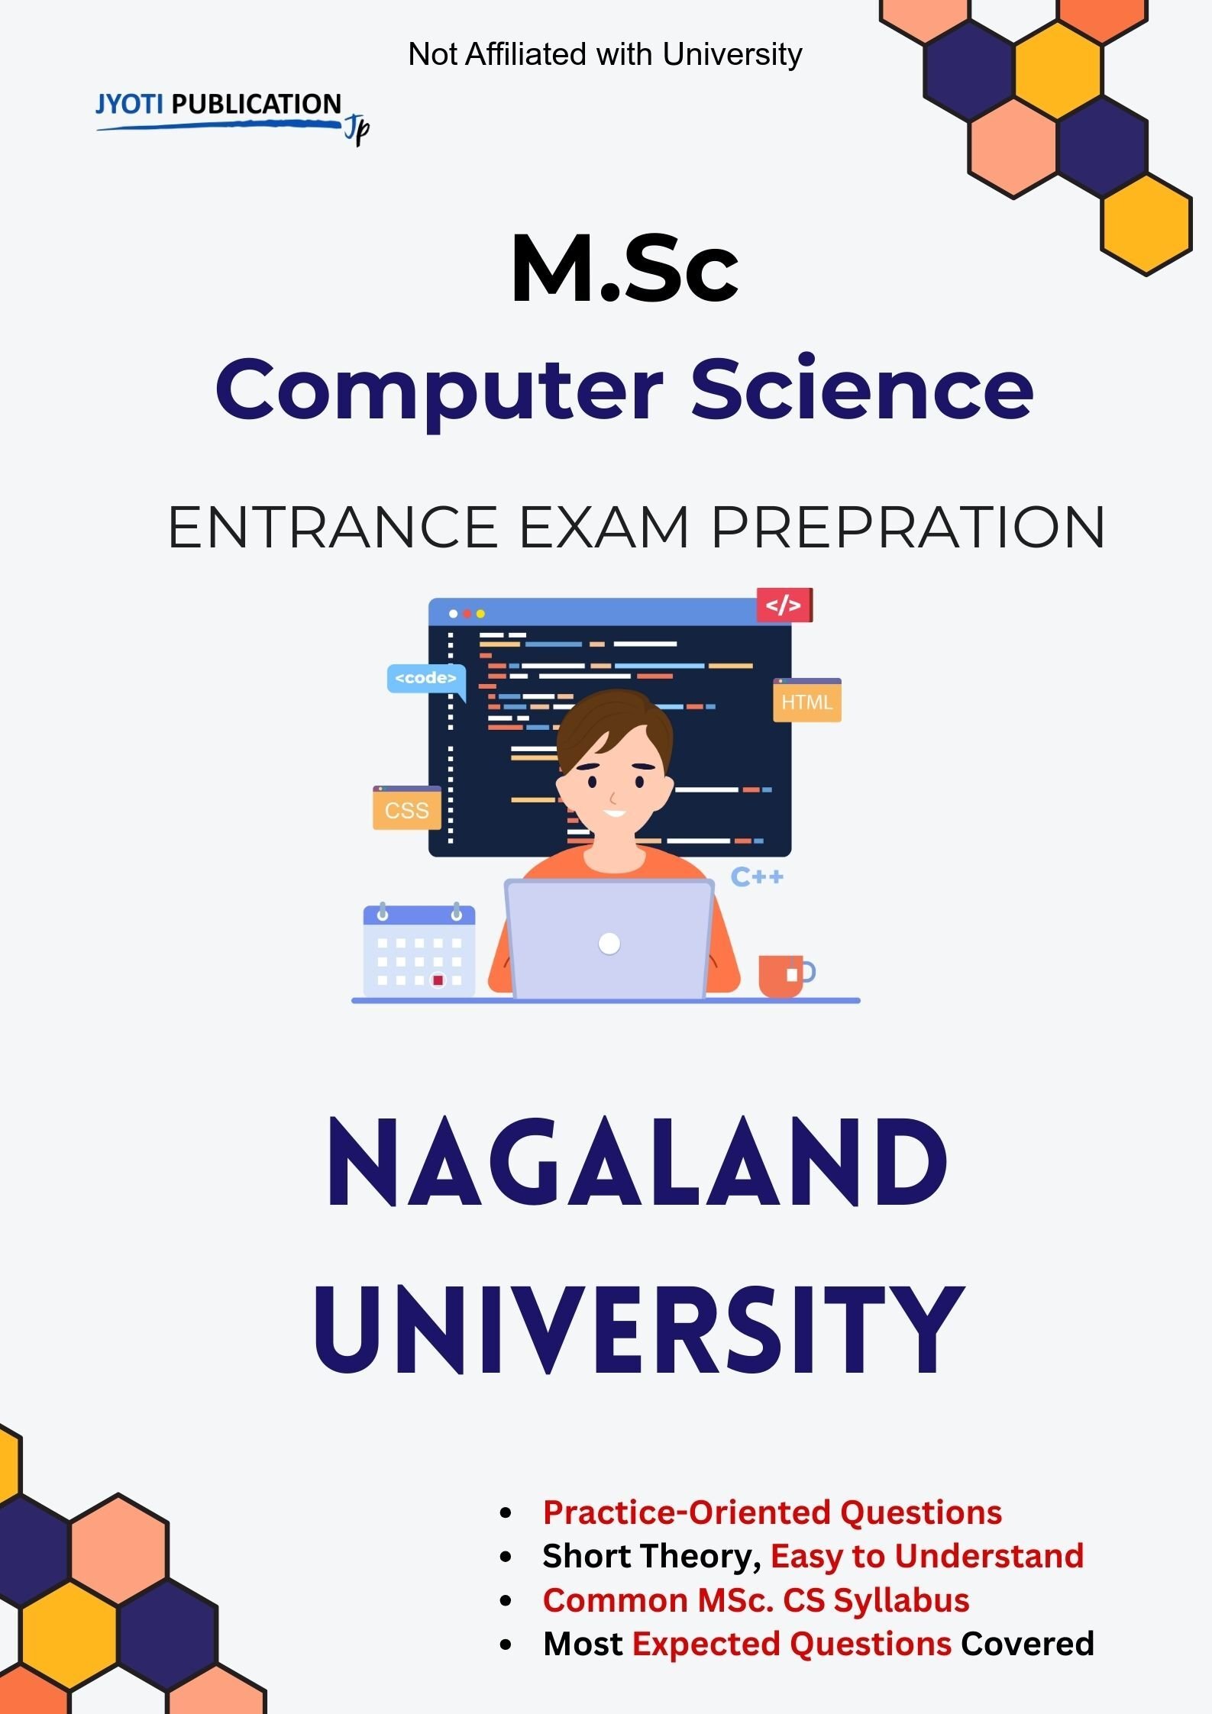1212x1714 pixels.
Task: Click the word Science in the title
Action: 862,389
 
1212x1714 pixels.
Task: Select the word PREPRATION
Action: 908,528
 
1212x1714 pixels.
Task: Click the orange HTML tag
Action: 806,702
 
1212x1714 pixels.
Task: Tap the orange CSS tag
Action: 406,809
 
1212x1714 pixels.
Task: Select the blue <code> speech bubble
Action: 425,679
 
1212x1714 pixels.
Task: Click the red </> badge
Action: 784,605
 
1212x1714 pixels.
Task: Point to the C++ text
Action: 757,877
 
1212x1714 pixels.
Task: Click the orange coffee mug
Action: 782,975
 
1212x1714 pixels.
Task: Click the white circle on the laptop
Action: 609,944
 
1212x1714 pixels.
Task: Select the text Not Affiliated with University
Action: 605,54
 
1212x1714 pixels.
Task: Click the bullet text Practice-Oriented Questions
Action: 772,1512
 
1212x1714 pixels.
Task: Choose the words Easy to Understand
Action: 926,1556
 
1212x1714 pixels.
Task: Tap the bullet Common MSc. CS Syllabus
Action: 755,1600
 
